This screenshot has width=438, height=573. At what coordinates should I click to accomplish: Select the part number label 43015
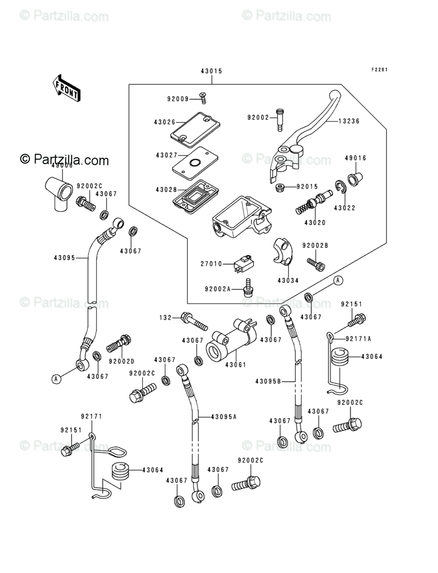coord(211,72)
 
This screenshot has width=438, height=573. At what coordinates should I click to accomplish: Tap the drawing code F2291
coord(379,70)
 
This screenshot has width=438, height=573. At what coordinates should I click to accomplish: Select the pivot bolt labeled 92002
coord(280,119)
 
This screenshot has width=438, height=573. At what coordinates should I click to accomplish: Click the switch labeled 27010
coord(243,263)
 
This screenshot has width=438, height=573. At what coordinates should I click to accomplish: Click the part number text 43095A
coord(224,417)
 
